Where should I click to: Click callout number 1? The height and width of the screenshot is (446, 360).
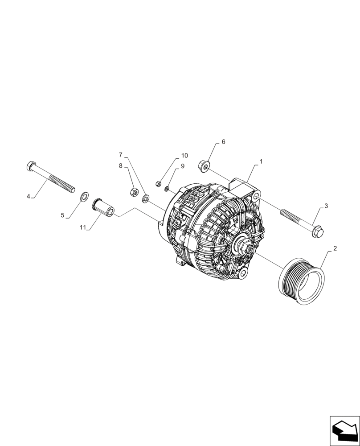(261, 161)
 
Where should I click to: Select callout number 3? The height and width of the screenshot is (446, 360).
(326, 206)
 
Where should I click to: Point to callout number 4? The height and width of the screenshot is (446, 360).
(28, 196)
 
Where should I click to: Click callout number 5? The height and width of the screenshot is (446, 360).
(63, 215)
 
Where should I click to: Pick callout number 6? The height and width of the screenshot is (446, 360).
(223, 142)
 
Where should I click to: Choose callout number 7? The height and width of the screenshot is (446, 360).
(120, 155)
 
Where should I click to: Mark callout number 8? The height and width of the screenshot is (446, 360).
(120, 165)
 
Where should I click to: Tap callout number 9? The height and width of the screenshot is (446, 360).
(182, 166)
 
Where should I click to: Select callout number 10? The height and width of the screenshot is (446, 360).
(184, 156)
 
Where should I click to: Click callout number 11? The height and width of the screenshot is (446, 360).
(82, 227)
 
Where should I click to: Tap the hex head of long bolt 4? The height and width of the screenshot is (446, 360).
(30, 166)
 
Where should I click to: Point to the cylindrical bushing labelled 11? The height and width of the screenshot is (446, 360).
(103, 208)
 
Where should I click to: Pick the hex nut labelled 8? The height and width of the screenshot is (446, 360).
(132, 192)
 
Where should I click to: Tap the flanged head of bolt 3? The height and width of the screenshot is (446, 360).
(318, 231)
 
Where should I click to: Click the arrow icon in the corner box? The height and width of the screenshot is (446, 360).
(345, 430)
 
